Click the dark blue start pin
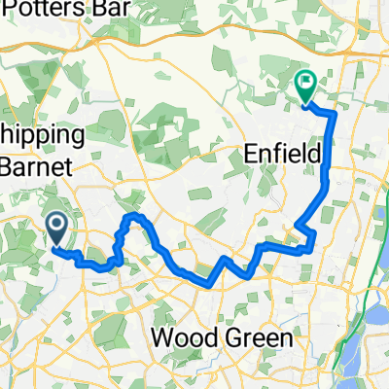57,230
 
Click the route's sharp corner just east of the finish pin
335,114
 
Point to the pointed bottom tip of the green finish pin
305,104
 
